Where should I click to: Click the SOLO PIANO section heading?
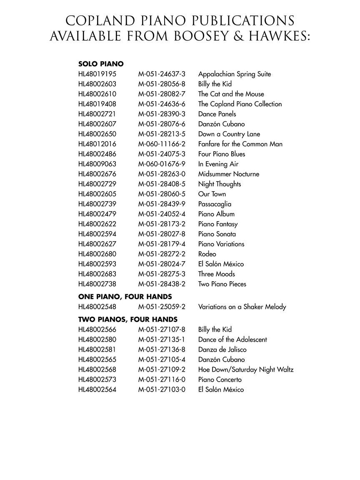101,64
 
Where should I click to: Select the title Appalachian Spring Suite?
234,74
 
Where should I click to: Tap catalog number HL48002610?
97,94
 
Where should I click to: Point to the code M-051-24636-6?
162,104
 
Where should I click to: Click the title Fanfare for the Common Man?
240,144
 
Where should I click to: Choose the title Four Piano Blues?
222,154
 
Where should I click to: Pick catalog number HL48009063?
97,164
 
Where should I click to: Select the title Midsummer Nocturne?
228,174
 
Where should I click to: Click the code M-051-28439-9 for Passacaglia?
162,204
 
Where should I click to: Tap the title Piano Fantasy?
218,224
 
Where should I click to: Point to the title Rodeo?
207,254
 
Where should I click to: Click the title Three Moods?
216,274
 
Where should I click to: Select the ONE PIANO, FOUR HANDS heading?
125,297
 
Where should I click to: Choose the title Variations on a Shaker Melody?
242,307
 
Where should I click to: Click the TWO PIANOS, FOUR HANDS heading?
128,320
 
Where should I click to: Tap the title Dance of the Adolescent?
232,340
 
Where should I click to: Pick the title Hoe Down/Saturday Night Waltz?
246,370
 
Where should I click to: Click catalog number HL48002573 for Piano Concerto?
97,380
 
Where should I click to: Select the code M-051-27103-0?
162,390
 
